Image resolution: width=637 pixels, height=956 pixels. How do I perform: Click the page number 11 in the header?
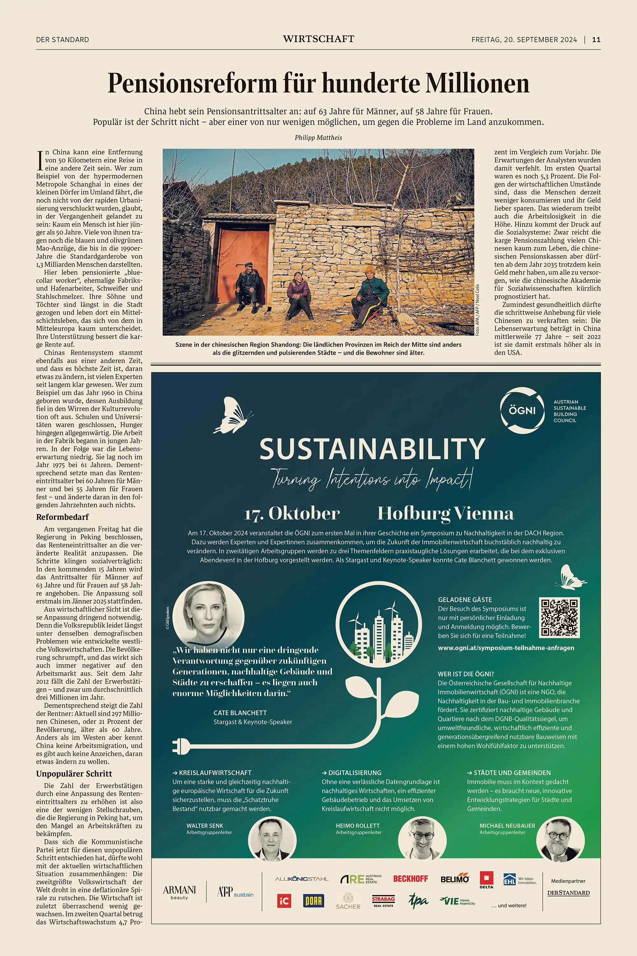point(596,40)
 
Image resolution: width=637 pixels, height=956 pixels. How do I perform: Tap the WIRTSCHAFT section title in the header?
point(318,39)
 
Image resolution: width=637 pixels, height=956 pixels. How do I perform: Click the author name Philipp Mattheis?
point(318,137)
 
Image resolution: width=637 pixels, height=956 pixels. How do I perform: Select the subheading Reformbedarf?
point(62,517)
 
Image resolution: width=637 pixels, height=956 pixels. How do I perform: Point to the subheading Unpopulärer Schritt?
point(74,773)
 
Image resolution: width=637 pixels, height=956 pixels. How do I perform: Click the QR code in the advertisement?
point(559,617)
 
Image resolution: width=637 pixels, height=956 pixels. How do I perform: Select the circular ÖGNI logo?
point(522,410)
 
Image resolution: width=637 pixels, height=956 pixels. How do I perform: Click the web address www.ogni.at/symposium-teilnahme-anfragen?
point(506,648)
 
